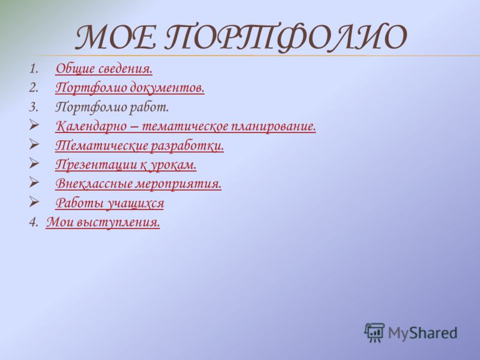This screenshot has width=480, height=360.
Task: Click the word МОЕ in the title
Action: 116,37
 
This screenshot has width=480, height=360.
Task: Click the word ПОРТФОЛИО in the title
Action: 286,38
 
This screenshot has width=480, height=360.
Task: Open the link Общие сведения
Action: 104,68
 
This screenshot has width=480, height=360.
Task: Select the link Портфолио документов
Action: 130,88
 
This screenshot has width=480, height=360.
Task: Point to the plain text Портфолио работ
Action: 112,107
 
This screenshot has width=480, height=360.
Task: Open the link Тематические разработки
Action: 140,146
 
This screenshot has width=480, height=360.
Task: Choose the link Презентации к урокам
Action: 126,164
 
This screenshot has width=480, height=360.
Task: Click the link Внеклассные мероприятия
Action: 139,184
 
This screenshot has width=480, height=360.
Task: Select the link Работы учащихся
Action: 110,203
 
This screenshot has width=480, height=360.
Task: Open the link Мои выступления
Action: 103,222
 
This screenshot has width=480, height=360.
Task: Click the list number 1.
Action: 34,68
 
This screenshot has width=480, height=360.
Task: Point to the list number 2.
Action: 34,88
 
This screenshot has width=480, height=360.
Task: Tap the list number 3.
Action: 34,107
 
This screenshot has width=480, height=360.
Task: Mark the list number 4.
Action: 34,222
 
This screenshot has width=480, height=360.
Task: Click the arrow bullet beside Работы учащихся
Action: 34,202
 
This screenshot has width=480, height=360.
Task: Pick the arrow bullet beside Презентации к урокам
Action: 34,163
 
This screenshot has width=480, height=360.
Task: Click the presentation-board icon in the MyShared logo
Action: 374,332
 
